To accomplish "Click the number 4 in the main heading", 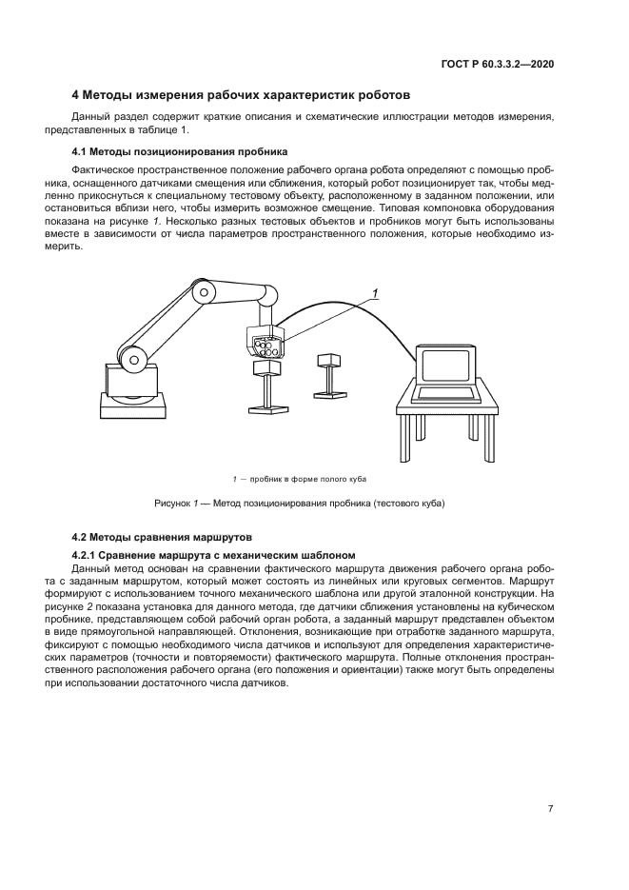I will point(77,95).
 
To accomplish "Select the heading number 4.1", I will point(81,151).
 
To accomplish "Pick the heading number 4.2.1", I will point(88,555).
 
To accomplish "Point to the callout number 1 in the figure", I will point(376,294).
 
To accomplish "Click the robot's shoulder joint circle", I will point(135,359).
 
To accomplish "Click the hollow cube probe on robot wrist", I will point(265,342).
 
